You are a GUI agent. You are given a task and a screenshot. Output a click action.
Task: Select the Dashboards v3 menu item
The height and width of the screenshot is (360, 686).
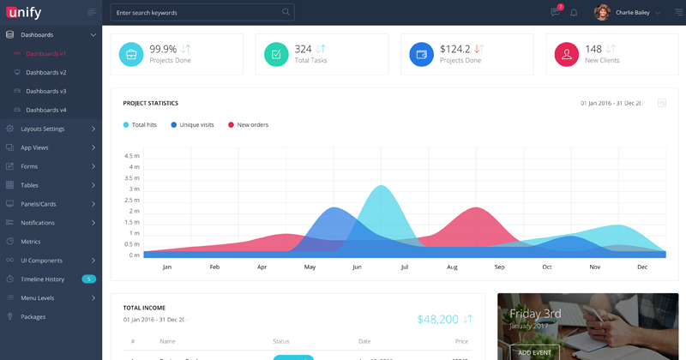coord(46,91)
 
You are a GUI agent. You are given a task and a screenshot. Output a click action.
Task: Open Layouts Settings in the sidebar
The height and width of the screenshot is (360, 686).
coord(43,129)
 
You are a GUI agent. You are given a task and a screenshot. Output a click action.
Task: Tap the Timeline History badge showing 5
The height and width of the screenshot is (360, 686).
coord(88,279)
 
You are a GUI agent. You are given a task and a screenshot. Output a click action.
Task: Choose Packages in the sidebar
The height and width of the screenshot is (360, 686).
coord(33,317)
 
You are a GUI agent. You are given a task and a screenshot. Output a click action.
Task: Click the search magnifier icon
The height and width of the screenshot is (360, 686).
coord(286,13)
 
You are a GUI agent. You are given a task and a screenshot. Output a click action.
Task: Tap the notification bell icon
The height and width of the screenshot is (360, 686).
coord(574,13)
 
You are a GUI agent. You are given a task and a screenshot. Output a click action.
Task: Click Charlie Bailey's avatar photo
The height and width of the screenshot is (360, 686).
coord(602,13)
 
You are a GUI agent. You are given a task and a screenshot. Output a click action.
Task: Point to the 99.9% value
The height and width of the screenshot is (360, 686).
coord(163,49)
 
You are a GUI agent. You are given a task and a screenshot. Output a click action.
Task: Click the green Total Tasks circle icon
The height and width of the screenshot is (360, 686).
coord(276,55)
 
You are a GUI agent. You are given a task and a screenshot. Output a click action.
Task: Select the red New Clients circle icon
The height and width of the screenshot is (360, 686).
coord(566,55)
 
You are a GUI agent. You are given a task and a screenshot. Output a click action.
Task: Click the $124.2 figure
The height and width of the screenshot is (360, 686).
coord(454,49)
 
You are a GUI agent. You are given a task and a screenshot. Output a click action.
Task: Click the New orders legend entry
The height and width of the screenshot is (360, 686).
coord(252,125)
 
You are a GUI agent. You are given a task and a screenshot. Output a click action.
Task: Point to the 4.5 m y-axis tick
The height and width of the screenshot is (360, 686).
coord(132,156)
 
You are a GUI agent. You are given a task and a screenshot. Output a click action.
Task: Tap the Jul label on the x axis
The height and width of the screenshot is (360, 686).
coord(404,267)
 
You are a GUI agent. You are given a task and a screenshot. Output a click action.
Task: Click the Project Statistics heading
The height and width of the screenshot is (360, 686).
coord(150,103)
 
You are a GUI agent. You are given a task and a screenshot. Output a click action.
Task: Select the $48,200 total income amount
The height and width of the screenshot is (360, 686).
coord(437,319)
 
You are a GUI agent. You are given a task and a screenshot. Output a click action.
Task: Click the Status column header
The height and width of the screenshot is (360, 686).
coord(280,342)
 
